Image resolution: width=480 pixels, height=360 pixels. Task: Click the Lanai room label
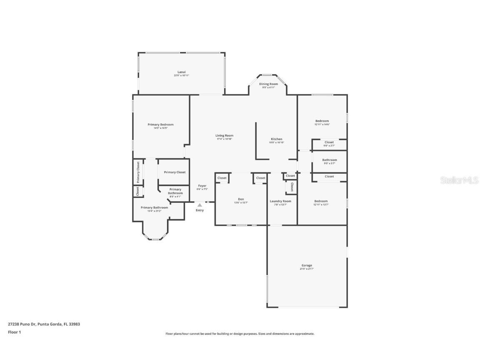coord(181,72)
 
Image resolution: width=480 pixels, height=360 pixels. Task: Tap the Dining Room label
coord(268,84)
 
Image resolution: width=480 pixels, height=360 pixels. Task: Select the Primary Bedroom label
coord(160,125)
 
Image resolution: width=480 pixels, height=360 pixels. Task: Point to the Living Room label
coord(224,135)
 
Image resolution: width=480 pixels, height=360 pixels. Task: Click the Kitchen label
coord(277,139)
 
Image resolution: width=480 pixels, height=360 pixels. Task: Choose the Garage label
coord(307,265)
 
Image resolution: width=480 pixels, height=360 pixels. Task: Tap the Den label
coord(241,199)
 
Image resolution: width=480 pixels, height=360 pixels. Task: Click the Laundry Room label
coord(280,201)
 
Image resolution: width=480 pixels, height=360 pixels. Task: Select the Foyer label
coord(202,186)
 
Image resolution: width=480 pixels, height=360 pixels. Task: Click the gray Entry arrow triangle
coord(200,205)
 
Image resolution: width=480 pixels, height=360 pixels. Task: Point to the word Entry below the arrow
coord(200,210)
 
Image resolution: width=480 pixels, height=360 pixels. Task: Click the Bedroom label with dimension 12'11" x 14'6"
coord(322,121)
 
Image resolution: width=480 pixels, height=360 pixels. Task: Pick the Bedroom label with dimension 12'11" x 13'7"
coord(321,201)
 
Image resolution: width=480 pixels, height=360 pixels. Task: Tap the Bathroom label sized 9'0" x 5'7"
coord(329,160)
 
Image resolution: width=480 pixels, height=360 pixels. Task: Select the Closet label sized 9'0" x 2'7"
coord(329,142)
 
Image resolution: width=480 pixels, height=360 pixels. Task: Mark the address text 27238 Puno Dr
coord(22,324)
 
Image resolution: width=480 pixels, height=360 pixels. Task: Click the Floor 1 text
coord(14,332)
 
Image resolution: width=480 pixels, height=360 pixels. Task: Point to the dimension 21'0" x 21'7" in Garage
coord(307,269)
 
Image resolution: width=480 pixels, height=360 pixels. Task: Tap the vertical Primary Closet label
coord(138,172)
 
